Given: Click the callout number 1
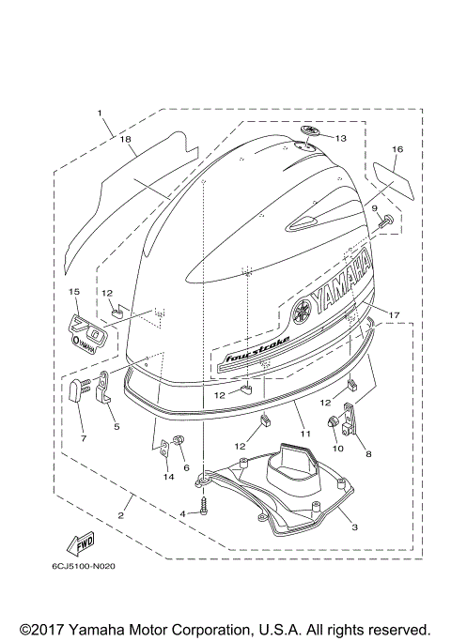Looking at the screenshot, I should [99, 114].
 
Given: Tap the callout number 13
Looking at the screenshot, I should [340, 138].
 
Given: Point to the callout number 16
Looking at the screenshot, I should [397, 149].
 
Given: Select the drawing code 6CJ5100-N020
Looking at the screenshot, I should [85, 566].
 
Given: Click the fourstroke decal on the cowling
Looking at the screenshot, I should [255, 347].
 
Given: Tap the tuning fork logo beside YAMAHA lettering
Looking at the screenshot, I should [302, 311].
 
